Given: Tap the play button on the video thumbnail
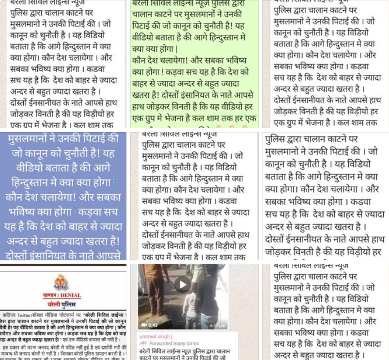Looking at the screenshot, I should [x=183, y=284].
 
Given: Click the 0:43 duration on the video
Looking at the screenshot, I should [x=154, y=325].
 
